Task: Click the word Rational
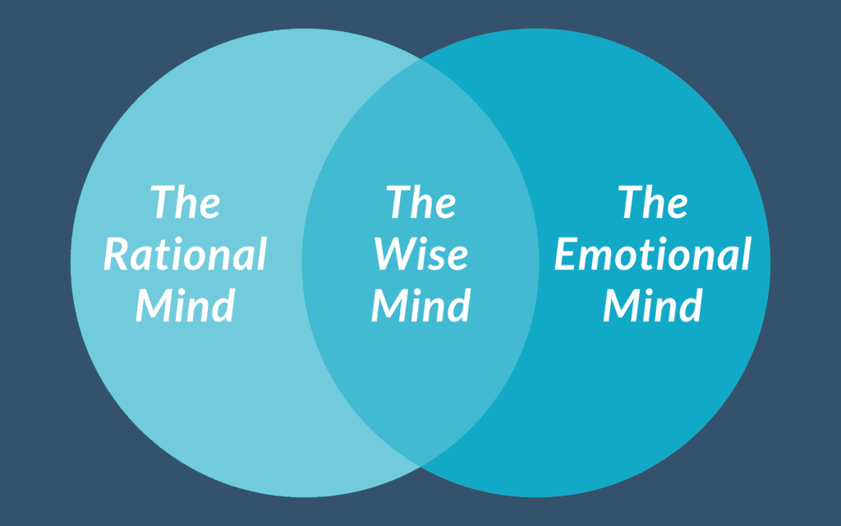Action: point(186,254)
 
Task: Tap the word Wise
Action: point(420,254)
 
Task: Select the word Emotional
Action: point(653,254)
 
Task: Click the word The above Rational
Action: point(186,202)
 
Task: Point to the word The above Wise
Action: point(421,202)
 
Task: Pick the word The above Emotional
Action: point(654,202)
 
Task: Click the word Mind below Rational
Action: point(186,305)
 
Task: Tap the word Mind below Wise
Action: point(420,305)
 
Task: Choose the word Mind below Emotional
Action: point(653,305)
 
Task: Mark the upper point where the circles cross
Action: point(420,59)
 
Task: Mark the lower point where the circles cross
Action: point(420,466)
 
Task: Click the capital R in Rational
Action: point(117,254)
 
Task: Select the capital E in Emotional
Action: point(567,254)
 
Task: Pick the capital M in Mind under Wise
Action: point(391,305)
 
